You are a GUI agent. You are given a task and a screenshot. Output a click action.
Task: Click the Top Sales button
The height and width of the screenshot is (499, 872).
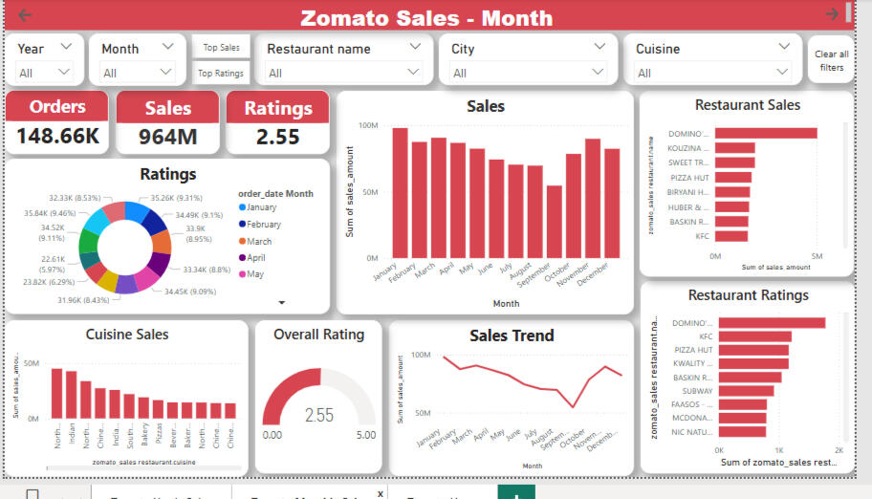pos(221,47)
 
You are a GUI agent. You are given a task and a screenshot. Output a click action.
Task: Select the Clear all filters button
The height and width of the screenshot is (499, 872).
pos(831,60)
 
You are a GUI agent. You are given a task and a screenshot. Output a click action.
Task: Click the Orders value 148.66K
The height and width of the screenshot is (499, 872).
pos(58,137)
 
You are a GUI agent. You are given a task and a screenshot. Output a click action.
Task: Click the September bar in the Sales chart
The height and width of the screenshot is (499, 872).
pos(555,222)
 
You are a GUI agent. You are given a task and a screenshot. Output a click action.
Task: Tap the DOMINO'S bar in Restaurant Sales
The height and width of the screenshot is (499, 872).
pos(766,133)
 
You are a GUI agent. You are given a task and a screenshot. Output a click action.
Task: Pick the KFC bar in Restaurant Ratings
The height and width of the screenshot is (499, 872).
pos(755,336)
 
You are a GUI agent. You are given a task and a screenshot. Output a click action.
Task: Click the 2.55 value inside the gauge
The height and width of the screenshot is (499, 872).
pos(318,415)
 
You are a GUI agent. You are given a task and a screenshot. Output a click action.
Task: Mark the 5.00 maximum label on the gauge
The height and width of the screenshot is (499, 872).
pos(364,435)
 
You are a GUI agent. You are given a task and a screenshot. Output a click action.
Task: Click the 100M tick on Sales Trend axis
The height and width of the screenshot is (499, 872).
pos(421,355)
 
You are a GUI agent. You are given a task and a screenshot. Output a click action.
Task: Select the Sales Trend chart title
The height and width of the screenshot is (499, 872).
pos(512,336)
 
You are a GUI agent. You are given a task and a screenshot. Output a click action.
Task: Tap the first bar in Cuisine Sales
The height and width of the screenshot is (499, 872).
pos(56,394)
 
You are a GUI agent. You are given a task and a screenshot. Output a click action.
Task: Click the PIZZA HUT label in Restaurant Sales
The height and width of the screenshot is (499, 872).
pos(689,178)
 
